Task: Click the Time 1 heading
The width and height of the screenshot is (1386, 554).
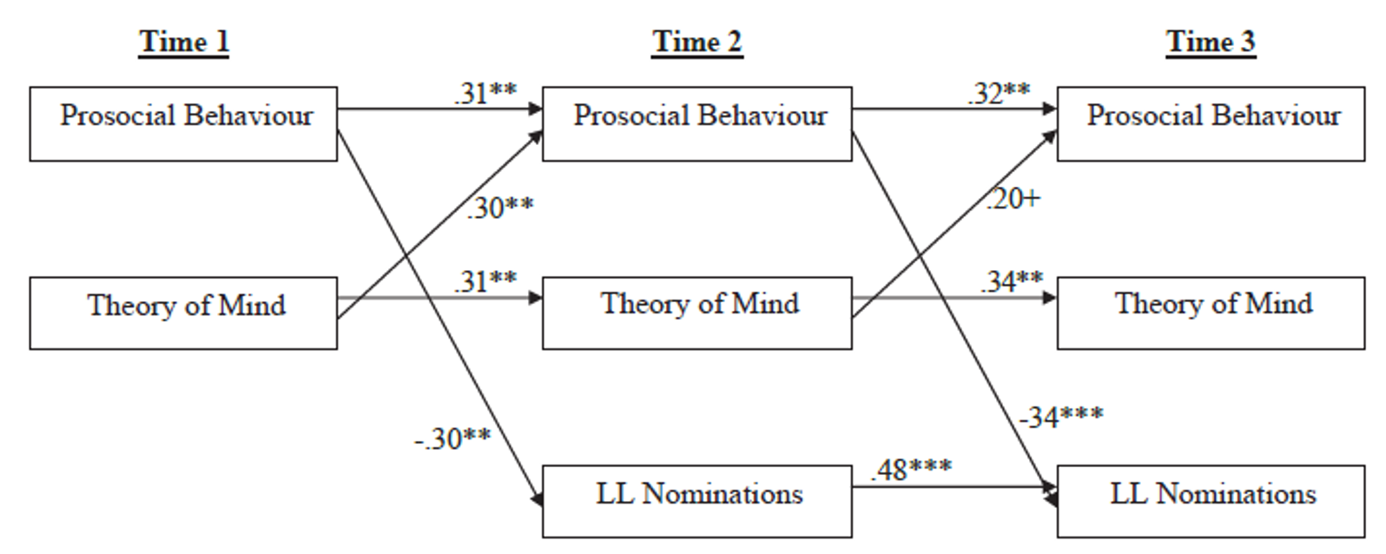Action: [x=183, y=42]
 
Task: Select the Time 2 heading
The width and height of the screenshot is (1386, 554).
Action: [x=697, y=42]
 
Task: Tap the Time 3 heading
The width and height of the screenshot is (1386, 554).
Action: [x=1211, y=42]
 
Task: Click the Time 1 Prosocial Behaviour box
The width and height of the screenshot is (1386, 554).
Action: [x=183, y=123]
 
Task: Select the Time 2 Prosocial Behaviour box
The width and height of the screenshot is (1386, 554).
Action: [x=697, y=123]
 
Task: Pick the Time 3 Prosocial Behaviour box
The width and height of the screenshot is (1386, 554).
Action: [x=1211, y=123]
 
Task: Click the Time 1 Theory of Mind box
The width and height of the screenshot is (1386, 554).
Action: [x=183, y=313]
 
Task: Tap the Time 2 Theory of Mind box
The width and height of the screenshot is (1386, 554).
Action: [x=697, y=313]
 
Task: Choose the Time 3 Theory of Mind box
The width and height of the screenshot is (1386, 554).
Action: [x=1211, y=313]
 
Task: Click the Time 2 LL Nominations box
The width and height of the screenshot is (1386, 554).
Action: [x=697, y=501]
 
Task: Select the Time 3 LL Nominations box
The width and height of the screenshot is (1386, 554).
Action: [x=1211, y=501]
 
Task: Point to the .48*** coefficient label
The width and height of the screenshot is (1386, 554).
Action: [x=911, y=469]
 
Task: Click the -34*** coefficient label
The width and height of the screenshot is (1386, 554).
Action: [x=1060, y=417]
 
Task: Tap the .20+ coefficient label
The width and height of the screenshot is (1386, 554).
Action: [x=1012, y=199]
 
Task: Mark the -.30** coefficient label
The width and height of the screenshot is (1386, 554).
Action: [x=452, y=439]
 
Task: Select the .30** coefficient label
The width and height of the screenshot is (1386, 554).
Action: [x=499, y=208]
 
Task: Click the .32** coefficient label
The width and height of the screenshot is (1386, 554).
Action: [x=999, y=93]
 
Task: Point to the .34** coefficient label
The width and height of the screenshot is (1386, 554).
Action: [x=1012, y=281]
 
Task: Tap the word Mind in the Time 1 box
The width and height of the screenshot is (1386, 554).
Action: [x=253, y=306]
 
